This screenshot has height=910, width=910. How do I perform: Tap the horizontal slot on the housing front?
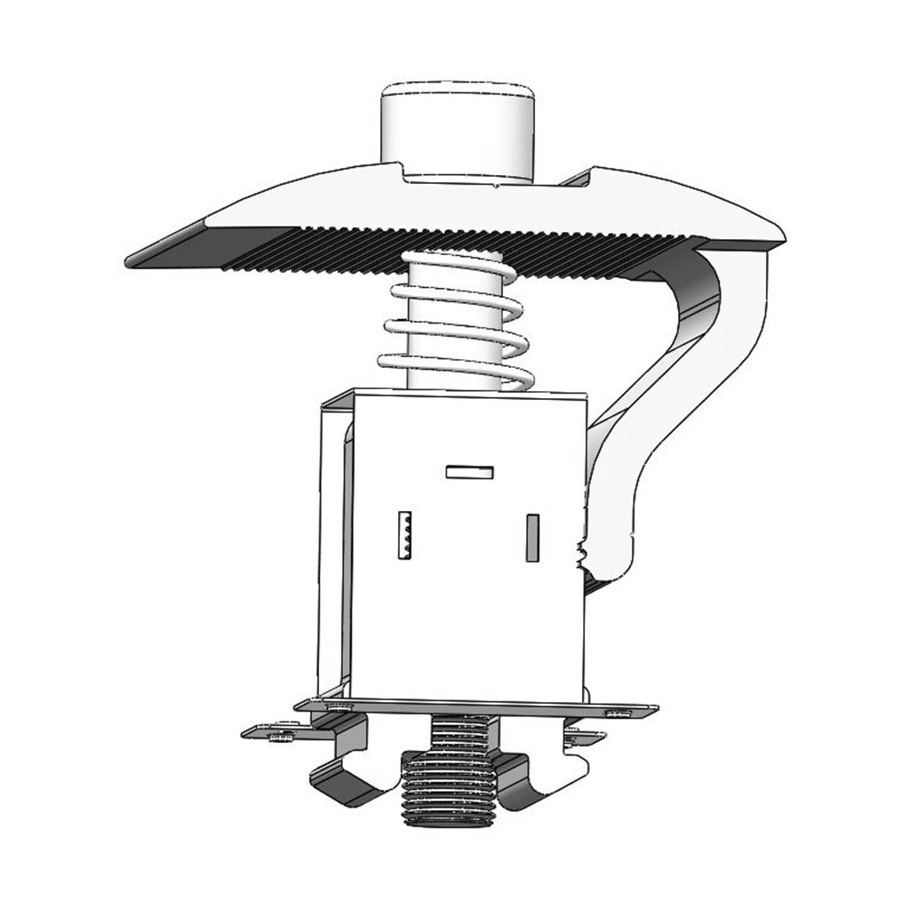[469, 472]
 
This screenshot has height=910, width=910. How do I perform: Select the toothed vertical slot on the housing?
[405, 535]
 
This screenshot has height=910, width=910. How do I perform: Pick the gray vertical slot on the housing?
[532, 538]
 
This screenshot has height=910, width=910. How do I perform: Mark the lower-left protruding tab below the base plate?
[267, 733]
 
